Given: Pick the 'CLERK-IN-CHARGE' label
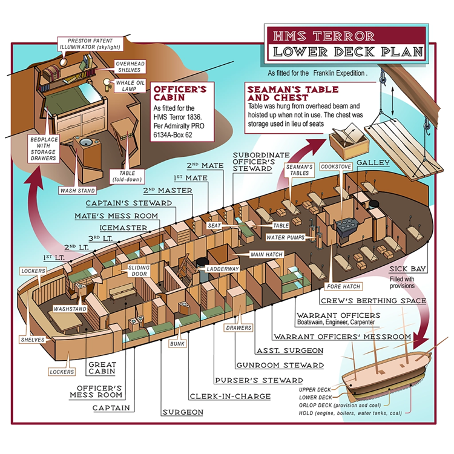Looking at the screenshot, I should (x=221, y=396).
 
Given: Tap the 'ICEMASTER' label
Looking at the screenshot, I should (x=123, y=228).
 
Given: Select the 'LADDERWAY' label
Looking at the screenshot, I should (x=223, y=268).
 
